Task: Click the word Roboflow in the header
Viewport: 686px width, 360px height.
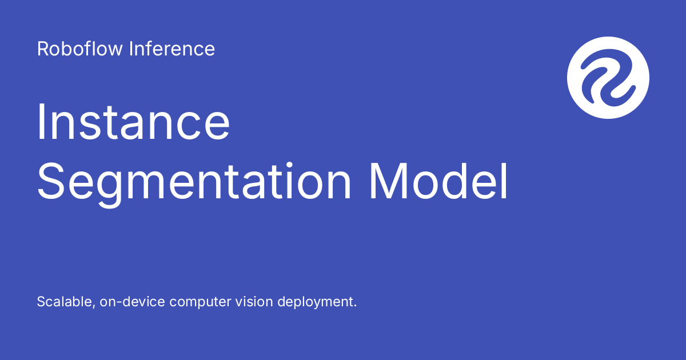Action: click(x=79, y=49)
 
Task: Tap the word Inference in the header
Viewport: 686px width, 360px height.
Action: click(x=172, y=49)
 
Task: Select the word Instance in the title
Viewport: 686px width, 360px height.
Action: click(x=133, y=122)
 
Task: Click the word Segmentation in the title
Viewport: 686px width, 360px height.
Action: click(x=194, y=182)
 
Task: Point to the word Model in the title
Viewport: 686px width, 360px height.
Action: click(x=438, y=182)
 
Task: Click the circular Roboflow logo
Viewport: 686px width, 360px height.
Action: click(x=608, y=78)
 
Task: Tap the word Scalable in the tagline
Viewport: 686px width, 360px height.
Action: click(x=66, y=302)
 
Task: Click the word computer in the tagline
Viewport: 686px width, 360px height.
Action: click(x=200, y=302)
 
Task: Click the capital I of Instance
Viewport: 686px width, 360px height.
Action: click(x=40, y=122)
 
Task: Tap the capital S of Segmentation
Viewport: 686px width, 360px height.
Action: click(x=50, y=182)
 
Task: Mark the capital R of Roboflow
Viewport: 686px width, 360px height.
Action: click(x=43, y=49)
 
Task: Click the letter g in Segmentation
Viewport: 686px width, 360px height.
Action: click(x=109, y=190)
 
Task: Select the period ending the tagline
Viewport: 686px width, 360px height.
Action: click(x=355, y=306)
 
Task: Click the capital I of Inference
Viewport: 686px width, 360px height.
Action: click(x=131, y=49)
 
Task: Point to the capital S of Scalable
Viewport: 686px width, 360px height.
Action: click(x=42, y=302)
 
